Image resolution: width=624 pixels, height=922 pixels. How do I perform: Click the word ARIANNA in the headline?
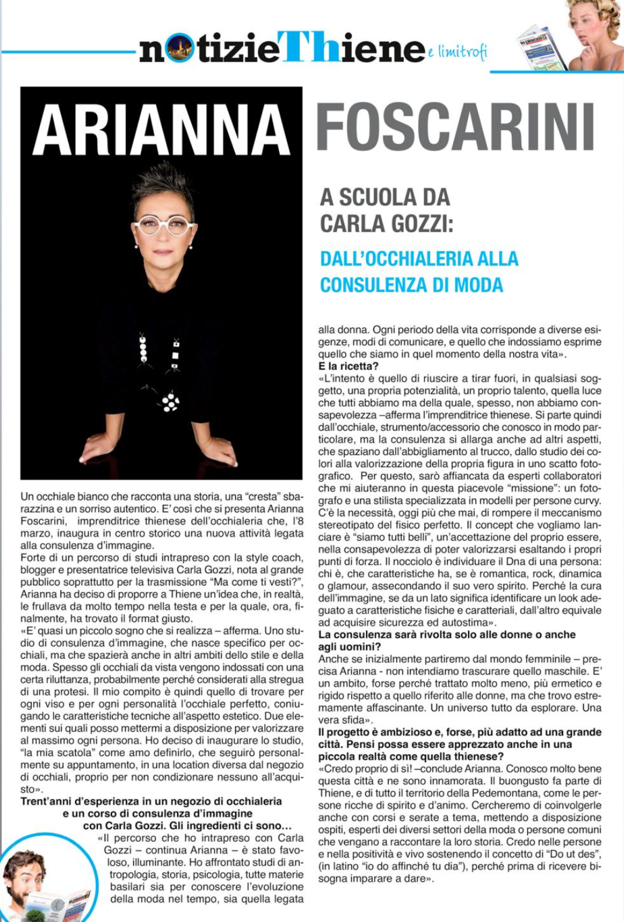pos(161,130)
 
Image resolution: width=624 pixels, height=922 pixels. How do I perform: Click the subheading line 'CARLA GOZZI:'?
pos(386,223)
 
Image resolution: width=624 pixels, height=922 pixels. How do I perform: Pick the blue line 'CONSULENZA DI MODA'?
pos(411,285)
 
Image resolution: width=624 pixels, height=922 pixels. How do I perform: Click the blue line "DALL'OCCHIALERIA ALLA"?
pos(419,258)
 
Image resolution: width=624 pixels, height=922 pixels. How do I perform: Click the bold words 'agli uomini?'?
pos(350,647)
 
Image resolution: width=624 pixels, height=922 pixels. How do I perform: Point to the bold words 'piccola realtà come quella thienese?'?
pos(407,757)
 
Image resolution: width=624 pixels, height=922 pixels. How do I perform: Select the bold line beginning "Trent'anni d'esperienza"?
pos(151,801)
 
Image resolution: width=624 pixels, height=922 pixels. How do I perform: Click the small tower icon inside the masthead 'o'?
pos(179,49)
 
